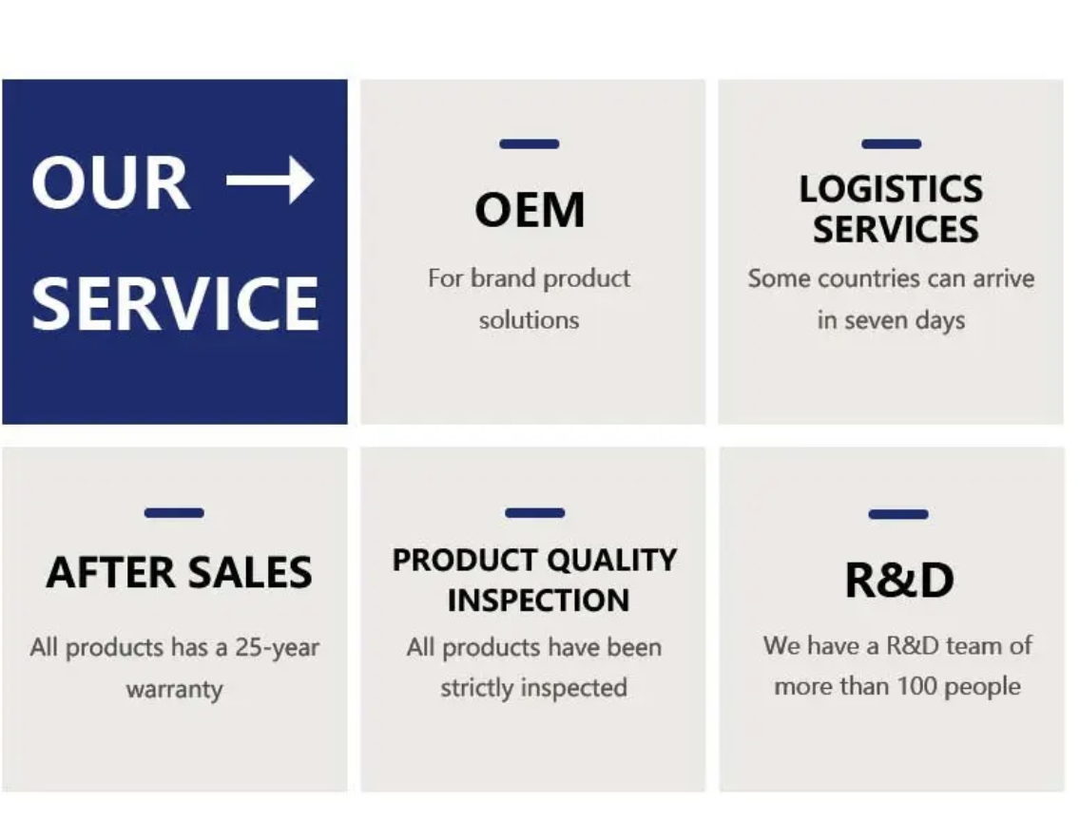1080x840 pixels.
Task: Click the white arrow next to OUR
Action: click(x=270, y=181)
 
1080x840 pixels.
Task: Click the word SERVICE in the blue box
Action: click(x=175, y=304)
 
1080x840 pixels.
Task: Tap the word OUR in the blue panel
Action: click(x=110, y=182)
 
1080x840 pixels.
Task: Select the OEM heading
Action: click(x=530, y=209)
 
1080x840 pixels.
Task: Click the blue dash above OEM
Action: click(x=529, y=143)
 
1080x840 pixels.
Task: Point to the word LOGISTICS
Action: click(x=891, y=189)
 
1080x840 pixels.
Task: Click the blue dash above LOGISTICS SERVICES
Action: click(x=891, y=143)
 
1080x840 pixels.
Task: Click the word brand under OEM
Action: click(x=503, y=278)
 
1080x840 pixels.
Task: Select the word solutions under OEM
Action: click(x=529, y=320)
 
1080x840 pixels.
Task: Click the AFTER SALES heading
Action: click(x=179, y=572)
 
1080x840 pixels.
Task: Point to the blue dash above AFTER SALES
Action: click(x=174, y=512)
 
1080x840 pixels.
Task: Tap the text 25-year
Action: click(x=277, y=648)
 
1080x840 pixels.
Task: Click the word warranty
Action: click(x=174, y=689)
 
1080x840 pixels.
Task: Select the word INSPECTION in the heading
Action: click(x=539, y=601)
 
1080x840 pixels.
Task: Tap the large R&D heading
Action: click(x=899, y=581)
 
